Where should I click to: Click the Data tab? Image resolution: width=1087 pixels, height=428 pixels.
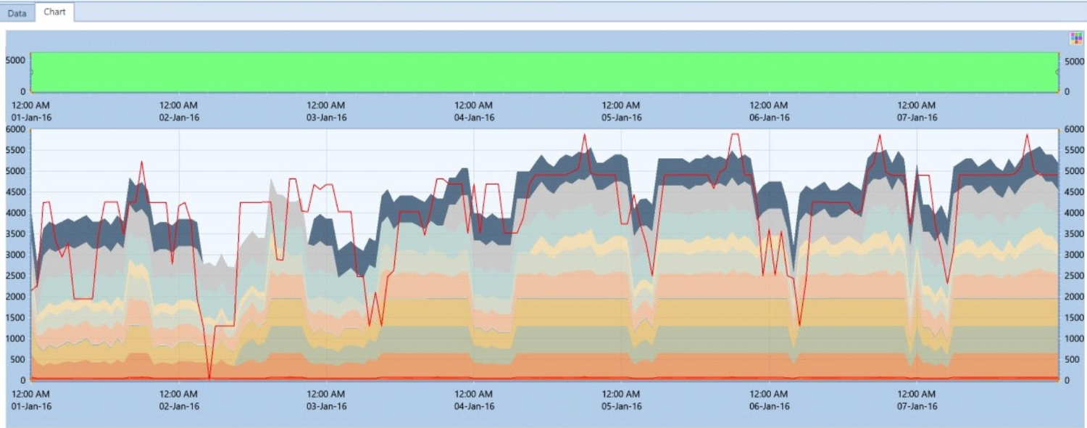click(17, 13)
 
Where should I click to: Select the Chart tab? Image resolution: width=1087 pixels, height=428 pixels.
click(54, 12)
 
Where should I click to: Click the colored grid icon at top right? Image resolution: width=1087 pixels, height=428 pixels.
click(1076, 38)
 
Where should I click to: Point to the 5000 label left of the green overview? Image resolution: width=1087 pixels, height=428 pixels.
click(17, 61)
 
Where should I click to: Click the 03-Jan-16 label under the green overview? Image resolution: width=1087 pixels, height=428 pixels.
click(327, 118)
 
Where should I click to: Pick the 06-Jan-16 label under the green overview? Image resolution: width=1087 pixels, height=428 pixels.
click(769, 118)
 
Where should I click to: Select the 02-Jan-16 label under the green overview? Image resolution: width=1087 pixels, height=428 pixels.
click(179, 118)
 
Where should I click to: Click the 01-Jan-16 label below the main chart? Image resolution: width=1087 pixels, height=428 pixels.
click(31, 406)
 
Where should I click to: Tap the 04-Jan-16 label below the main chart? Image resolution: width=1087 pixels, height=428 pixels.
click(474, 406)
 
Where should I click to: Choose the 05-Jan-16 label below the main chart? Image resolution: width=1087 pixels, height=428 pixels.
click(621, 406)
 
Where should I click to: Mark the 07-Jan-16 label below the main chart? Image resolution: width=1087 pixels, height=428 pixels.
click(917, 406)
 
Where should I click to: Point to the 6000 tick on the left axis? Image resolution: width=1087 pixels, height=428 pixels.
click(17, 129)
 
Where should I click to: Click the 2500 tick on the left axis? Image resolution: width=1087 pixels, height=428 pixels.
click(17, 276)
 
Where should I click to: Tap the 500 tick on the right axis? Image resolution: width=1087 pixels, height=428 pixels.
click(1069, 359)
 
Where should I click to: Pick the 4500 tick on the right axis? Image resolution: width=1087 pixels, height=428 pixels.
click(1071, 192)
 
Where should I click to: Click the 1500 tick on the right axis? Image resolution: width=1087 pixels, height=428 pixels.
click(1071, 318)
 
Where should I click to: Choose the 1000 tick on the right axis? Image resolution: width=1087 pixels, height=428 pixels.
click(1071, 338)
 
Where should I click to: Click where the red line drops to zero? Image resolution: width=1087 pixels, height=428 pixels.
click(209, 378)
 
